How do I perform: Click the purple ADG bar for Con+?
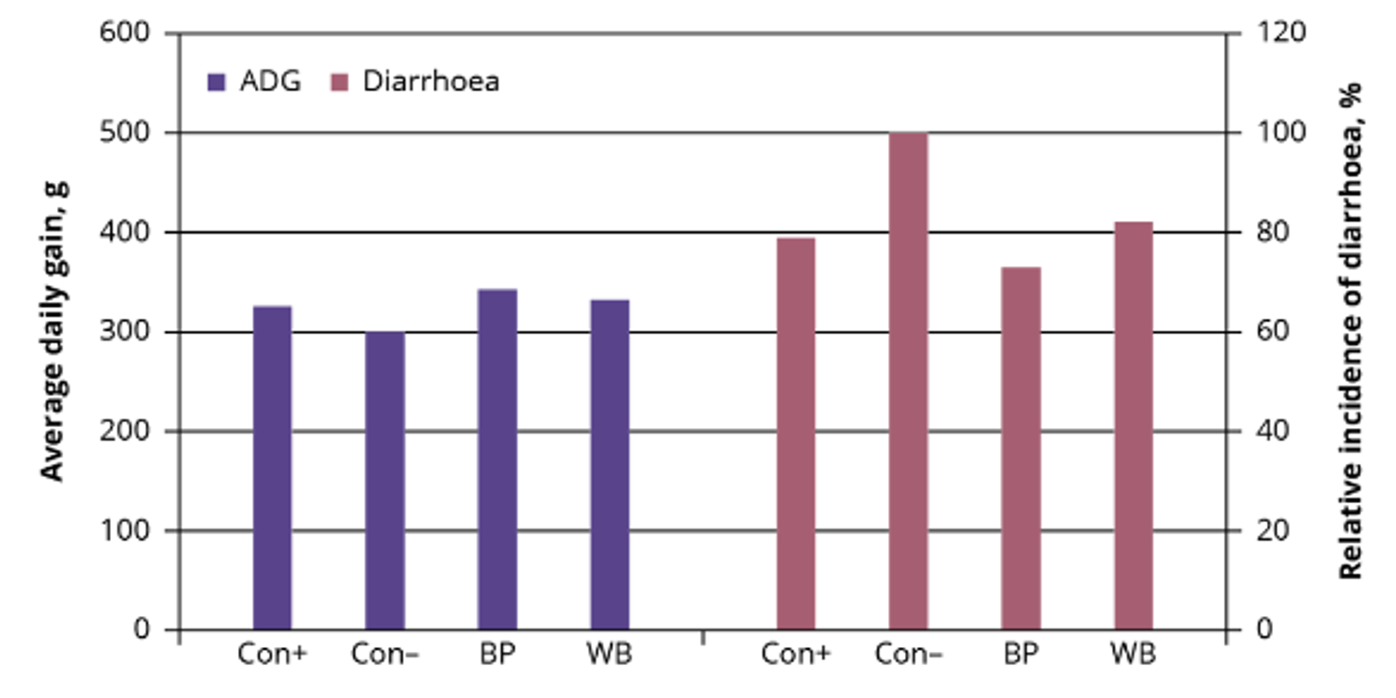tap(272, 468)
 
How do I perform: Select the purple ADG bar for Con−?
tap(385, 480)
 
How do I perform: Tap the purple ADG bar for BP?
tap(497, 459)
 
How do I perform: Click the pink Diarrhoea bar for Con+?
tap(796, 434)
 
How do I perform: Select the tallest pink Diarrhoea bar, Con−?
tap(908, 381)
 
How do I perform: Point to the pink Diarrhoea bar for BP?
tap(1021, 449)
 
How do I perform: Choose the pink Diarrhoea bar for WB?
tap(1134, 426)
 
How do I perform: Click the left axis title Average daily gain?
tap(54, 331)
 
